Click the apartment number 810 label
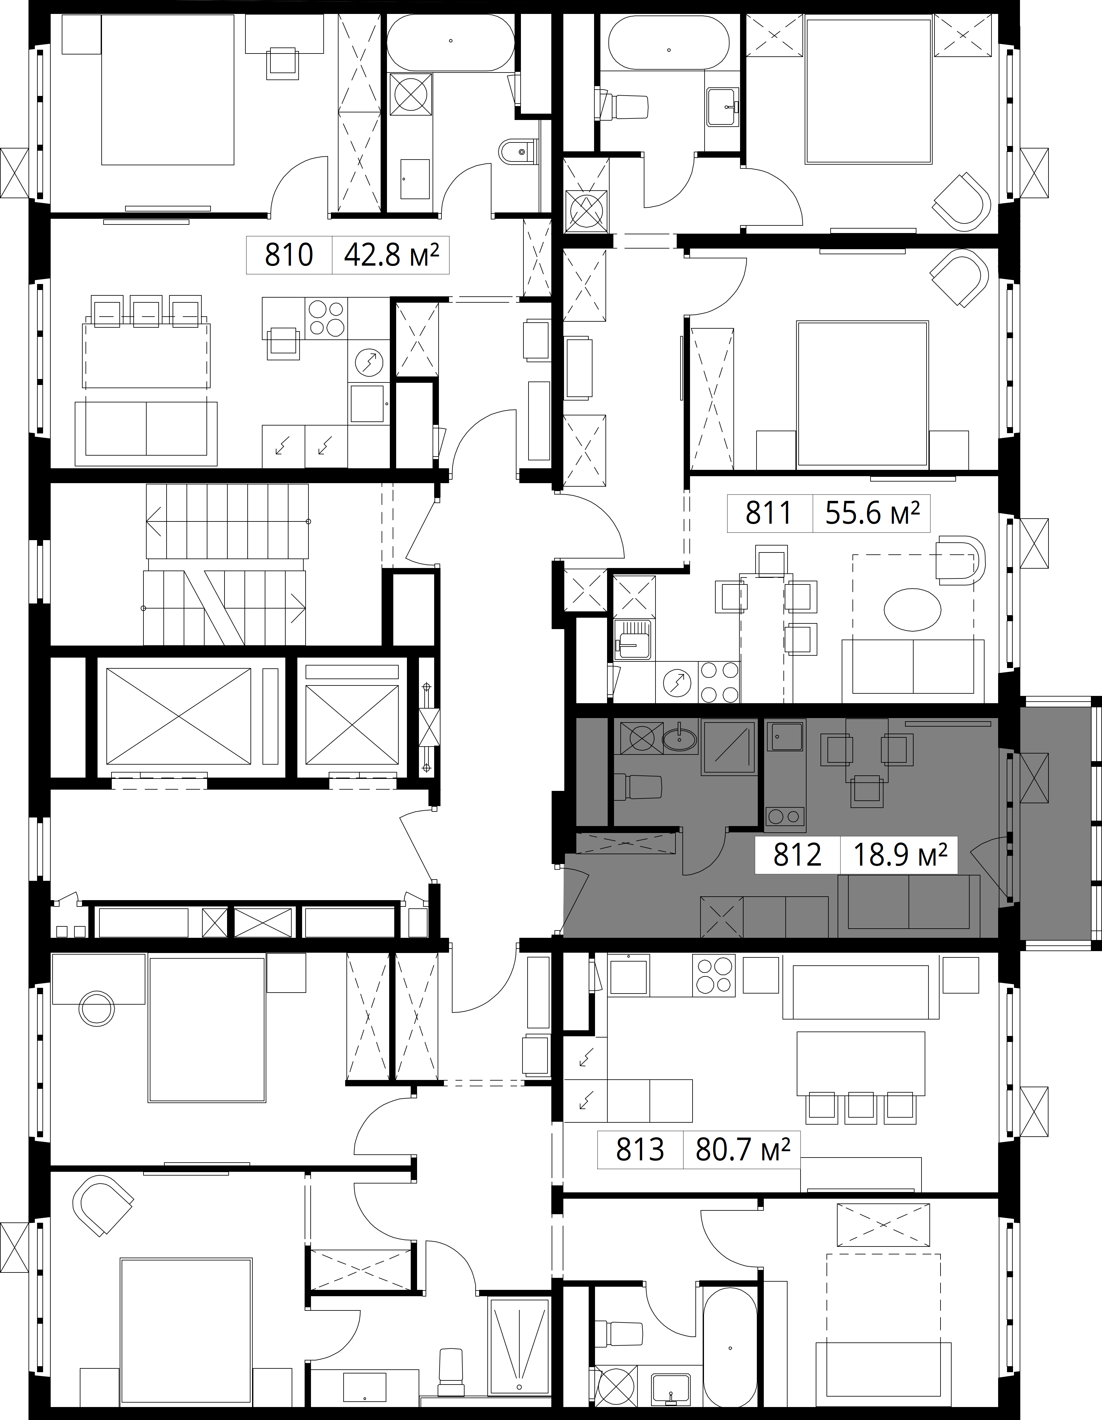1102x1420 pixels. pyautogui.click(x=289, y=255)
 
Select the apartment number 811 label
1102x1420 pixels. pyautogui.click(x=769, y=513)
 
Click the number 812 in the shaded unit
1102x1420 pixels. pyautogui.click(x=797, y=854)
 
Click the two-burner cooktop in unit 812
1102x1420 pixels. pyautogui.click(x=785, y=816)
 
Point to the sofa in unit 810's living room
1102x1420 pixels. pyautogui.click(x=146, y=433)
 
